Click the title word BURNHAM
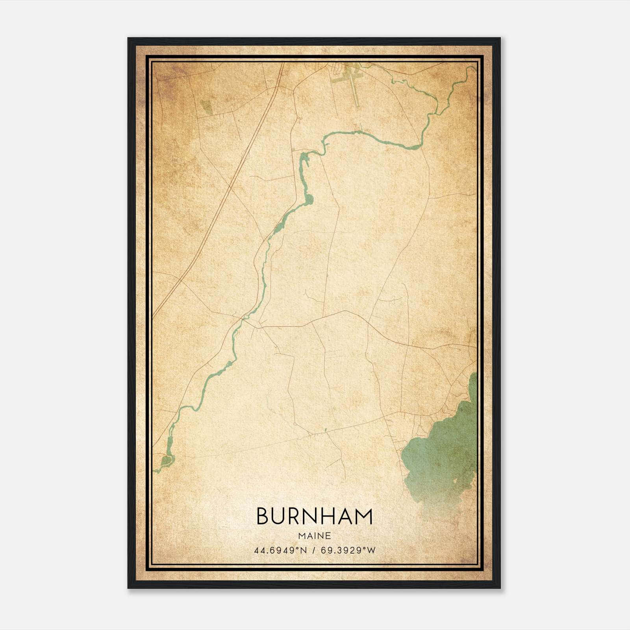coord(314,516)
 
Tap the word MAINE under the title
coord(314,536)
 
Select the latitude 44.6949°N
coord(280,550)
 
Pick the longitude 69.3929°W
coord(348,550)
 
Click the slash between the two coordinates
coord(313,550)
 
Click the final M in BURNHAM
coord(364,516)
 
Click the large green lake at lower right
coord(441,453)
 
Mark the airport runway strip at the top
coord(354,89)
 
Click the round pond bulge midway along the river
coord(309,200)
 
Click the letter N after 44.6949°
coord(303,550)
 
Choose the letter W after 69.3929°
coord(371,550)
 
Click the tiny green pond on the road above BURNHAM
coord(326,430)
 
